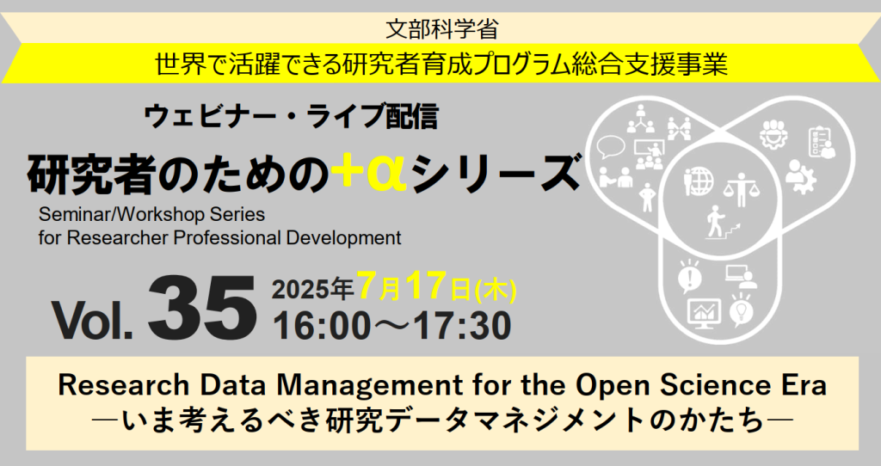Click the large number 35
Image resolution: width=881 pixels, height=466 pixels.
point(202,307)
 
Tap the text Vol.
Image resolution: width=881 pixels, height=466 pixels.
point(92,320)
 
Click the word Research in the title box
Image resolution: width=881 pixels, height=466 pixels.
point(112,384)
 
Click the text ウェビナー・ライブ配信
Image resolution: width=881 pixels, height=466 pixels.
point(293,115)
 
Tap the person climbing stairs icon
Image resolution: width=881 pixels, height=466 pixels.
point(715,224)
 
